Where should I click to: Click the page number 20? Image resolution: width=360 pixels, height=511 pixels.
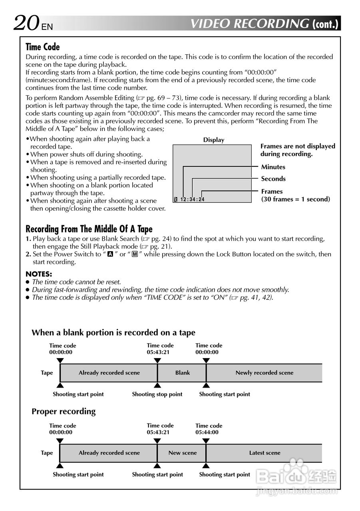(26, 23)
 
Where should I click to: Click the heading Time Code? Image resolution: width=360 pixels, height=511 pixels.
(43, 47)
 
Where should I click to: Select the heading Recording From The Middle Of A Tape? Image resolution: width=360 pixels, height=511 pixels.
(89, 229)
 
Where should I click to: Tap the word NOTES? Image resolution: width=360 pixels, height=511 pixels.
(39, 274)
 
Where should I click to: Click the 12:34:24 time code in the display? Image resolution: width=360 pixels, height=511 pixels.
(192, 200)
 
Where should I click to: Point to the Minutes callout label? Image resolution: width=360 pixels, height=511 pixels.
(273, 167)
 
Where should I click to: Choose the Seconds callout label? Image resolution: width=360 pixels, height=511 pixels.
(273, 179)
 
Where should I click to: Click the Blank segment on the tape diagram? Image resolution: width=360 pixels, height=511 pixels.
(182, 373)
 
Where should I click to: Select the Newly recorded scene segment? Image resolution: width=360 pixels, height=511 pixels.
(264, 373)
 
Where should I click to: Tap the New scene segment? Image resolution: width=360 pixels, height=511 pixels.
(182, 453)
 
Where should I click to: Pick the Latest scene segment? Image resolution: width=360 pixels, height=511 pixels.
(265, 453)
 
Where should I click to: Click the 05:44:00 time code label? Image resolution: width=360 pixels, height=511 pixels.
(207, 432)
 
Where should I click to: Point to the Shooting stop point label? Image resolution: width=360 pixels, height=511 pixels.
(157, 394)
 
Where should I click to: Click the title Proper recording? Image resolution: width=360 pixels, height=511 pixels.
(64, 412)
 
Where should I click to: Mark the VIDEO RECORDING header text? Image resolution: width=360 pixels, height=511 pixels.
(250, 24)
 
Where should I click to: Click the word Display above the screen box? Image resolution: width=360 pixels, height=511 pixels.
(214, 140)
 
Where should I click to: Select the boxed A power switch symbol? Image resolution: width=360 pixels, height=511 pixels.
(110, 254)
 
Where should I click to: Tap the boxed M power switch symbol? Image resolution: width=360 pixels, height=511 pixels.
(135, 254)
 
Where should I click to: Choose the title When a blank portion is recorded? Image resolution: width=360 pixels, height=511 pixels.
(113, 333)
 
